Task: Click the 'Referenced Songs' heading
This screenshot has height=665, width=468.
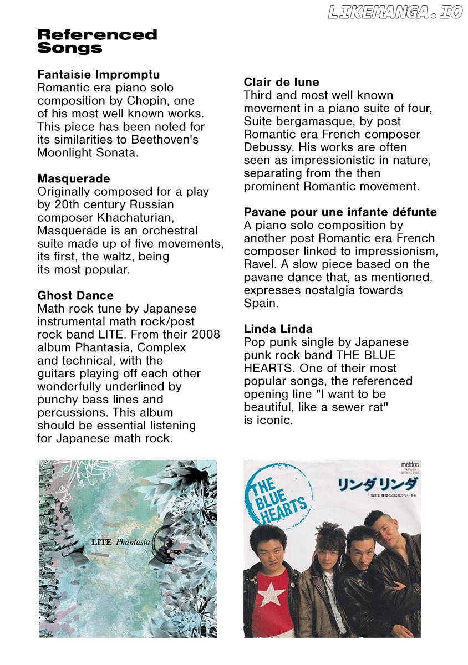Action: point(97,42)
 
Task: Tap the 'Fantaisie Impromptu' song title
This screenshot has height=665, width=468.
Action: point(98,74)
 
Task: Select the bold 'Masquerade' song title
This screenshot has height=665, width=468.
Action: point(73,178)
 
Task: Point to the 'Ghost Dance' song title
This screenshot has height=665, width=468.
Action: point(75,295)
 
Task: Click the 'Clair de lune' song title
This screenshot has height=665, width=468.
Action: point(281,82)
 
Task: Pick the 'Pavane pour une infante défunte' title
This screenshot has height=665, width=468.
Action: point(340,212)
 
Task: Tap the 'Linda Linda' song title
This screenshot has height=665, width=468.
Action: point(278,329)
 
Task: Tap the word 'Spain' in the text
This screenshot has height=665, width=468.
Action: point(260,303)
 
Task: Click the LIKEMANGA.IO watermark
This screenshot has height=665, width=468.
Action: point(395,12)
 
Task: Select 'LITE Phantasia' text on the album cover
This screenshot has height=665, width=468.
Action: point(120,541)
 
